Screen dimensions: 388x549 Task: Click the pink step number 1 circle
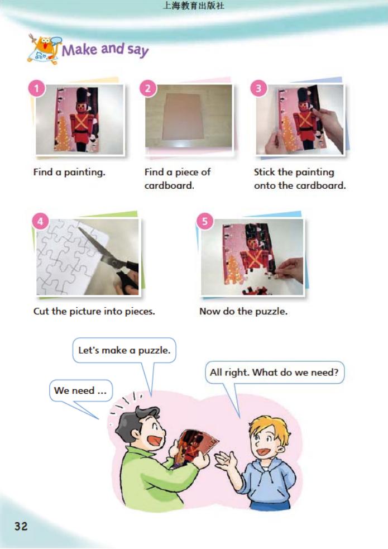pos(36,88)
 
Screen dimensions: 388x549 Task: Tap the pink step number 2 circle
pos(147,88)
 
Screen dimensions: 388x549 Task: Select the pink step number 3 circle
pos(258,88)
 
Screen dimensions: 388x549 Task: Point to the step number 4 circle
pos(40,221)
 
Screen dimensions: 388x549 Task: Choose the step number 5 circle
pos(205,221)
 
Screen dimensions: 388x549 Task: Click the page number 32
pos(21,526)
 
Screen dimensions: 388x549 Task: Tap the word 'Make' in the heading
pos(79,50)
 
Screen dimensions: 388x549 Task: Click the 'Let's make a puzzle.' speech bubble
pos(124,351)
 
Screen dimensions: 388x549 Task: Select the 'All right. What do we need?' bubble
pos(274,372)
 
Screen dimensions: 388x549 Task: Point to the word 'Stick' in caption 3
pos(265,172)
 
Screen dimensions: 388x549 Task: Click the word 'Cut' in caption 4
pos(41,311)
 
